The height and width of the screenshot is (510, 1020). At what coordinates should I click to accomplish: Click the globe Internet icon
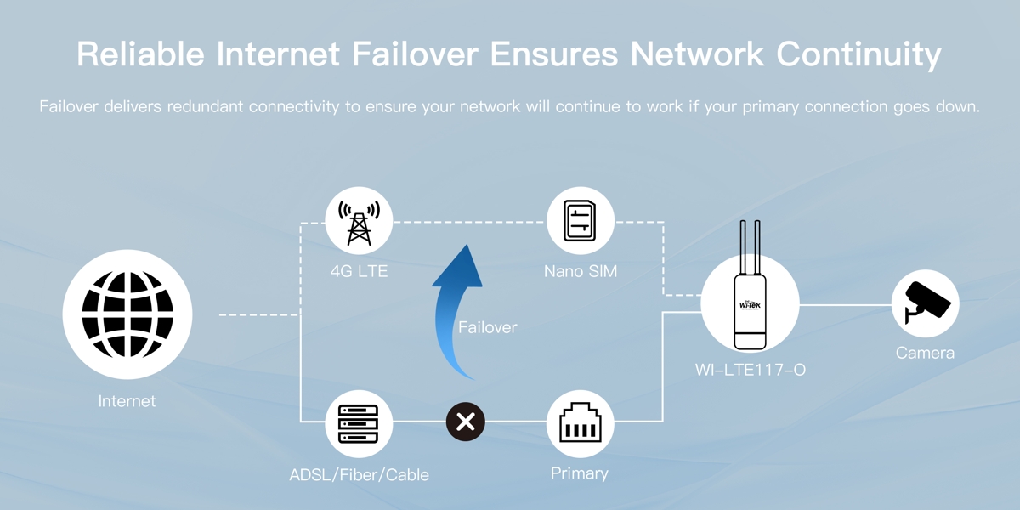pos(127,314)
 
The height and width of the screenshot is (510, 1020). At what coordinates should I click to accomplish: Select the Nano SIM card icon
pos(580,221)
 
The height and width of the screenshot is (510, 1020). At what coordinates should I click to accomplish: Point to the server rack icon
pos(359,423)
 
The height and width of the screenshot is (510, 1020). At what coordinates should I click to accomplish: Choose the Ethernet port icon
pos(580,423)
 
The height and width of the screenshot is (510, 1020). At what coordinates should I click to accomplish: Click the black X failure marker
pos(466,422)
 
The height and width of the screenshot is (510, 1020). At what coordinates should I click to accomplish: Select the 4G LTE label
pos(359,272)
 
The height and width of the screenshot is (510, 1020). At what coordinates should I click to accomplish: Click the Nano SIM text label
pos(581,272)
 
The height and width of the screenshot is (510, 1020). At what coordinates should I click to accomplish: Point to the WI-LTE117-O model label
pos(750,371)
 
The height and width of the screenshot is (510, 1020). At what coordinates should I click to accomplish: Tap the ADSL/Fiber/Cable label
pos(359,474)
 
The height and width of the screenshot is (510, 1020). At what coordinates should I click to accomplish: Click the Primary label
pos(580,473)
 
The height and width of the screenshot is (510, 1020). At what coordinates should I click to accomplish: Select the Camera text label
pos(925,353)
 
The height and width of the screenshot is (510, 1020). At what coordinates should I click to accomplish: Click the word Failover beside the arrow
pos(487,327)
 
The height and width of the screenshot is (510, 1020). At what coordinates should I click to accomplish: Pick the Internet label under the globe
pos(127,401)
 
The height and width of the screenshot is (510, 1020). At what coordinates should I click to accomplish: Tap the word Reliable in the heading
pos(139,54)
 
